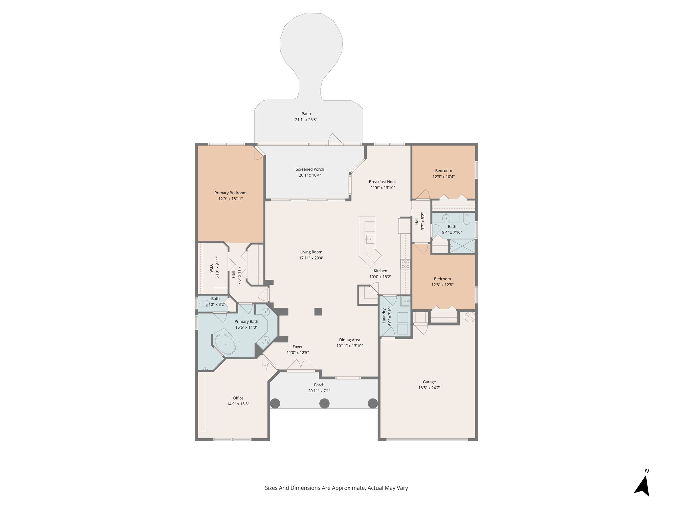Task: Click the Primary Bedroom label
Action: (x=230, y=193)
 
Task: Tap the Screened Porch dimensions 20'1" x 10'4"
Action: (x=310, y=175)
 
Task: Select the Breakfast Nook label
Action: (x=383, y=182)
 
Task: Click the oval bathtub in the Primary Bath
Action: (x=225, y=344)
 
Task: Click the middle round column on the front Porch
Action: (x=324, y=403)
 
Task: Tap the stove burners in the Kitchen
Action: (x=405, y=264)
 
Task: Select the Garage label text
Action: (x=429, y=382)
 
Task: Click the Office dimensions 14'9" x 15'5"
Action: (x=238, y=404)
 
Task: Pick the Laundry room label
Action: (x=383, y=316)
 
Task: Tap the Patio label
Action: (x=306, y=114)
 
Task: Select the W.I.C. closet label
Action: (x=212, y=267)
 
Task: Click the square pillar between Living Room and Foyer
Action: (x=318, y=312)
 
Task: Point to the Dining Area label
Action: (x=350, y=340)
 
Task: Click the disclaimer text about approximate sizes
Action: (x=336, y=488)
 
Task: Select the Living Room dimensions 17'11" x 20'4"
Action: (x=311, y=258)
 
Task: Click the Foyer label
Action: (x=298, y=347)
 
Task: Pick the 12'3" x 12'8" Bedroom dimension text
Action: (x=442, y=285)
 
